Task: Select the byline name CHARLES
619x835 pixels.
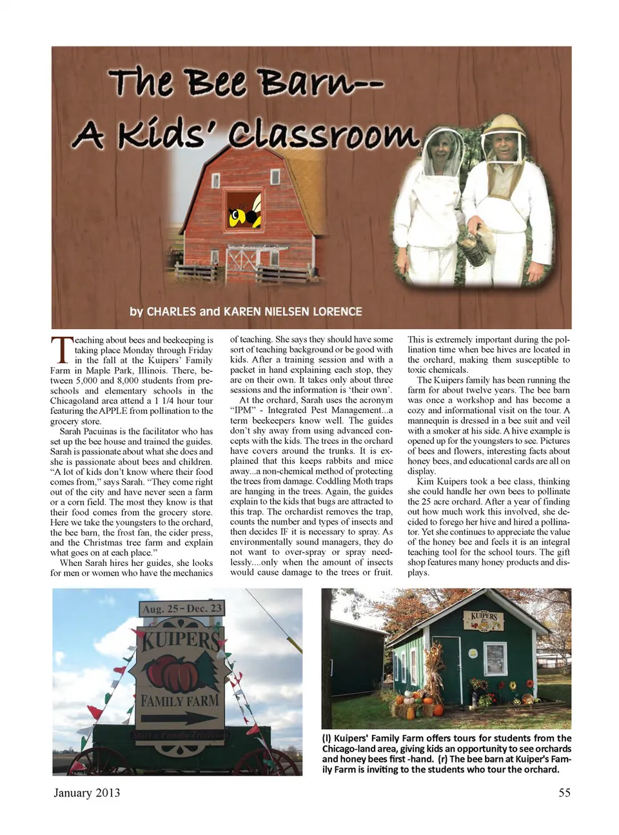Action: tap(171, 312)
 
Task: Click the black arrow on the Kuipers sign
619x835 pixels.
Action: tap(180, 718)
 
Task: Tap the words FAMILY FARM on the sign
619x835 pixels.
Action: tap(180, 701)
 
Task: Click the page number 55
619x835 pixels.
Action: tap(564, 792)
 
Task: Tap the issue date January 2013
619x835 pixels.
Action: tap(86, 792)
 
